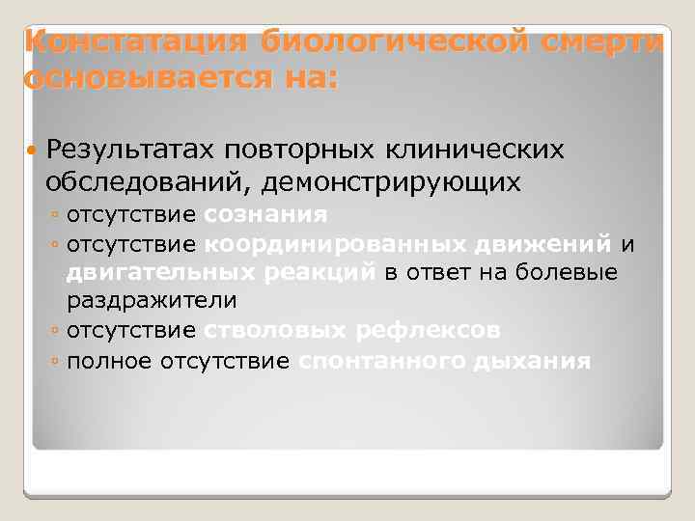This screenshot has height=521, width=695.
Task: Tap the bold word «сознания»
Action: pyautogui.click(x=265, y=213)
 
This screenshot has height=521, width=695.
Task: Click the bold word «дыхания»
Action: pyautogui.click(x=532, y=362)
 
